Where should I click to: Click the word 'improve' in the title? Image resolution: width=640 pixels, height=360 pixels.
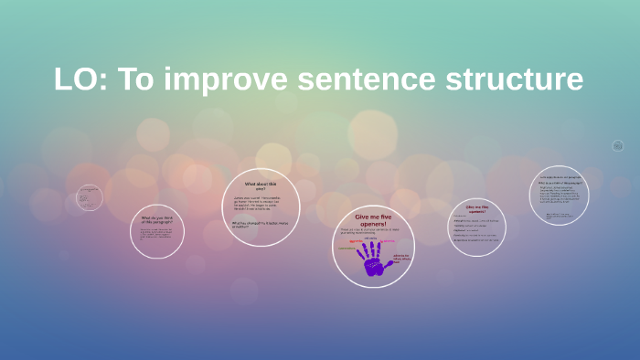tap(228, 79)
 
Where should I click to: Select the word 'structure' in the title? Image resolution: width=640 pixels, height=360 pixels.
tap(513, 79)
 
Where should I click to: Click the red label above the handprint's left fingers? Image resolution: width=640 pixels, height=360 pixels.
tap(356, 240)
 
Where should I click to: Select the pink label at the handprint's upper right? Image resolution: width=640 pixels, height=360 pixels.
tap(389, 241)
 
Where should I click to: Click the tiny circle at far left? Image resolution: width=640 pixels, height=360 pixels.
tap(90, 197)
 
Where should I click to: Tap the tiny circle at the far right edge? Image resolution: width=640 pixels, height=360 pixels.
tap(617, 145)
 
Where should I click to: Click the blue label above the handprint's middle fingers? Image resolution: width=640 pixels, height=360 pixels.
tap(371, 238)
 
